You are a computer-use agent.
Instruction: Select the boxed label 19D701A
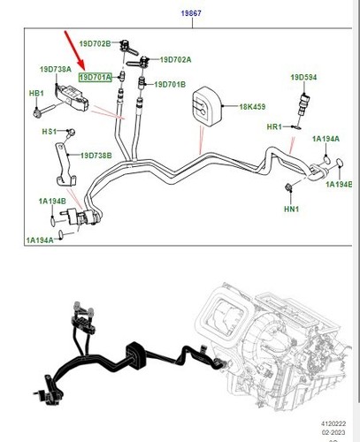pyautogui.click(x=96, y=78)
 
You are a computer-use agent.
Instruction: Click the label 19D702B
pyautogui.click(x=94, y=43)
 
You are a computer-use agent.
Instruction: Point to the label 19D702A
pyautogui.click(x=175, y=59)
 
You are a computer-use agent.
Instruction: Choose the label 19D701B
pyautogui.click(x=170, y=85)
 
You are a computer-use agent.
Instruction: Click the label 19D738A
pyautogui.click(x=55, y=68)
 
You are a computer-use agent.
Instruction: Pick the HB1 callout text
pyautogui.click(x=36, y=93)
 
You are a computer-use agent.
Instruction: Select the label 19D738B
pyautogui.click(x=96, y=156)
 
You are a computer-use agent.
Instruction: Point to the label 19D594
pyautogui.click(x=303, y=78)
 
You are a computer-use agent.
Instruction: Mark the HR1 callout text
pyautogui.click(x=274, y=127)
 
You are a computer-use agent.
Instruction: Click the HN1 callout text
pyautogui.click(x=291, y=209)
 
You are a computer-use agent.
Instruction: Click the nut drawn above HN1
pyautogui.click(x=290, y=187)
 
